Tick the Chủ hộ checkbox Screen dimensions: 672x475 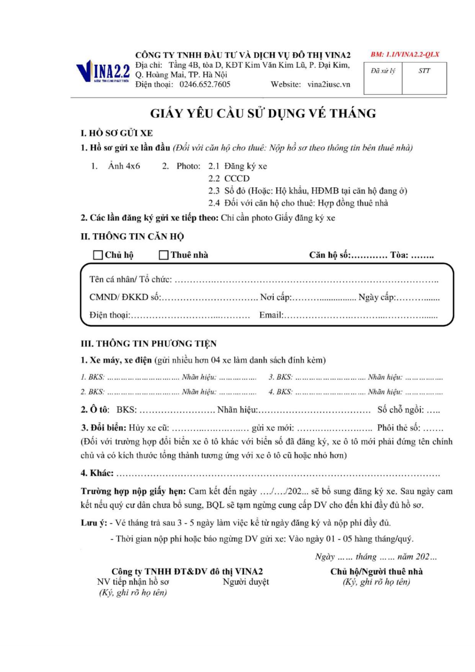98,255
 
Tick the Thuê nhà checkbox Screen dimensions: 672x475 164,255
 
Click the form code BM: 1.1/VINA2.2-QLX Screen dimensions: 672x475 405,54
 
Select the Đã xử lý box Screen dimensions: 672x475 383,78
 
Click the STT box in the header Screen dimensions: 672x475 424,78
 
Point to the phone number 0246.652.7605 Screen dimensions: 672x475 205,84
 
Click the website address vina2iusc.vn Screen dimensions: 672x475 329,84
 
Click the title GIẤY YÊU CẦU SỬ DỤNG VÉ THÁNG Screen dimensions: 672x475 263,113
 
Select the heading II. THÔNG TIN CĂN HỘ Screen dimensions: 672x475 132,237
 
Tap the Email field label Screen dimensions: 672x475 271,315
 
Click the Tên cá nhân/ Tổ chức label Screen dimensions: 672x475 131,279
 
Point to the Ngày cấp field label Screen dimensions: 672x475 377,297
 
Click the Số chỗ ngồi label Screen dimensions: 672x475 401,410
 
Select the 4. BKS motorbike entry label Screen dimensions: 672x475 280,392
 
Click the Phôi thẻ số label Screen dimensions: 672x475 398,428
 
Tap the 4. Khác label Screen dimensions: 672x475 97,473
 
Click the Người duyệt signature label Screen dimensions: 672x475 246,582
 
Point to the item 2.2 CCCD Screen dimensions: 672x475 229,178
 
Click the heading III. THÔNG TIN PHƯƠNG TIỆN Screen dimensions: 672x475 149,343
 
